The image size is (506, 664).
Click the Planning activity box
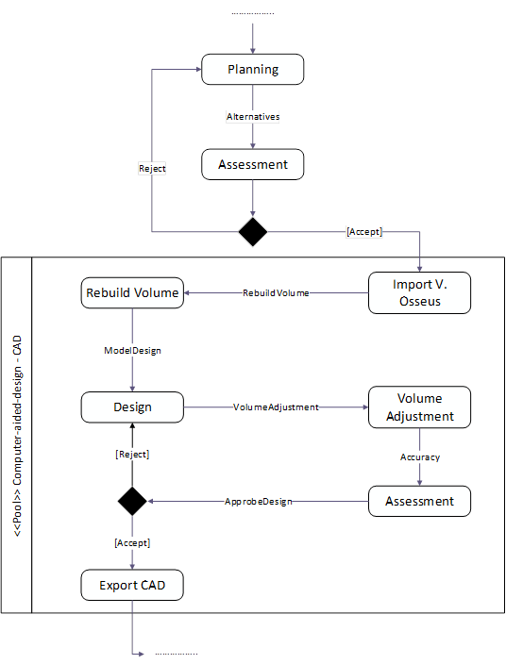[x=252, y=69]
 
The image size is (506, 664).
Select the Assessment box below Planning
[x=252, y=164]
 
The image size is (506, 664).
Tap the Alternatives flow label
[x=253, y=117]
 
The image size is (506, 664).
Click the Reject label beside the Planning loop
[x=152, y=168]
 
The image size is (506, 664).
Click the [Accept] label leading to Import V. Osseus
[x=363, y=231]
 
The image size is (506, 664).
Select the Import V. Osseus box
[x=418, y=292]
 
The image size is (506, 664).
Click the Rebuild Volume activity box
[x=132, y=292]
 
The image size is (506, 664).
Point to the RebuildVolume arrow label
[x=276, y=293]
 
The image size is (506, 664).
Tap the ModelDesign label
[x=132, y=350]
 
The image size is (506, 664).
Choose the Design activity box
[x=132, y=407]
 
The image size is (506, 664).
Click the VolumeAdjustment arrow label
[x=276, y=407]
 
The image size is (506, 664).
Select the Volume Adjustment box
[x=418, y=407]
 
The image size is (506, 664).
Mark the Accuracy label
[x=419, y=457]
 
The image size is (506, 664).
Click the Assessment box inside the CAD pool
[x=418, y=501]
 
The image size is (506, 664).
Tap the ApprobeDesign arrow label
[x=257, y=501]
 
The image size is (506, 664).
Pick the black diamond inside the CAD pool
[x=132, y=501]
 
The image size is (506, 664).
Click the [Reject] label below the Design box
[x=132, y=455]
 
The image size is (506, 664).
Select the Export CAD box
[x=132, y=585]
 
